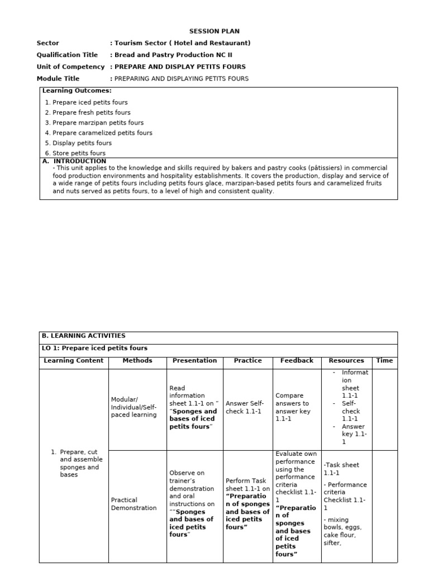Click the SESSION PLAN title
click(x=214, y=31)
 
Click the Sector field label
click(x=48, y=43)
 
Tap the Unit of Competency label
click(x=70, y=66)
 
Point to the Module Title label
click(x=58, y=79)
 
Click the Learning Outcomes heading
click(x=77, y=90)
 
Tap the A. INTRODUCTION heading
click(x=74, y=161)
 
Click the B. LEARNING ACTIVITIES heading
click(x=84, y=336)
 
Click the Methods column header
click(x=137, y=361)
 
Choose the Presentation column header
click(x=194, y=361)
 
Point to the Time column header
click(x=384, y=361)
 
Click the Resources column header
click(x=346, y=361)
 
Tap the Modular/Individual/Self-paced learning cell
click(x=134, y=407)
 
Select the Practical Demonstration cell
click(x=134, y=504)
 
